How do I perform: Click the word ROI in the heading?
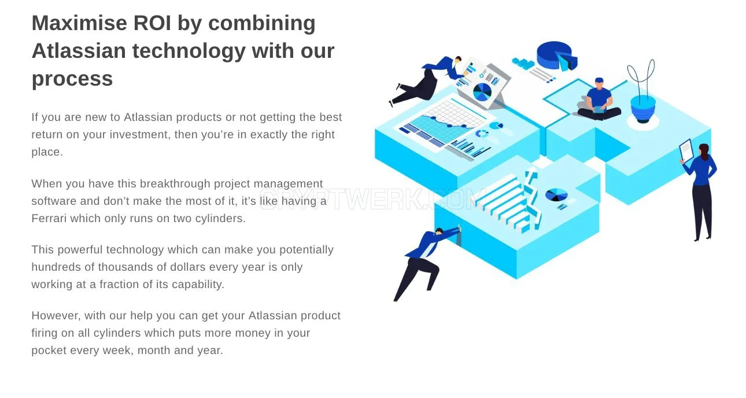pyautogui.click(x=152, y=23)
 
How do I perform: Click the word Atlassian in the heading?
pyautogui.click(x=79, y=51)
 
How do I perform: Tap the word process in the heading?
pyautogui.click(x=72, y=79)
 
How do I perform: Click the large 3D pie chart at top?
pyautogui.click(x=557, y=56)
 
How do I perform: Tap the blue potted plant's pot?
pyautogui.click(x=642, y=109)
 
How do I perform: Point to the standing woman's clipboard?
pyautogui.click(x=686, y=150)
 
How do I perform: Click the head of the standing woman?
pyautogui.click(x=704, y=152)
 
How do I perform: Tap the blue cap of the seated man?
pyautogui.click(x=599, y=80)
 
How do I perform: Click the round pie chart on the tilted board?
pyautogui.click(x=482, y=92)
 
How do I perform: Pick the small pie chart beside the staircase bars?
pyautogui.click(x=556, y=195)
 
